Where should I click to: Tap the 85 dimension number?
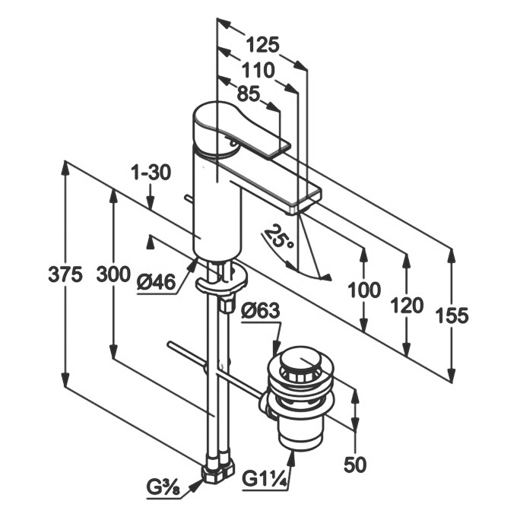pos(248,94)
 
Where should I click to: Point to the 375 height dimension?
pos(65,276)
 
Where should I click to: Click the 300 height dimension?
pos(113,276)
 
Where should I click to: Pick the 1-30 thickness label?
pos(150,173)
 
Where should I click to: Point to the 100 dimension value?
pos(365,290)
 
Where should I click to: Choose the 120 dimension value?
pos(406,306)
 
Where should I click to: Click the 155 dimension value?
pos(452,315)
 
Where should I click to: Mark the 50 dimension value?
pos(356,464)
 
